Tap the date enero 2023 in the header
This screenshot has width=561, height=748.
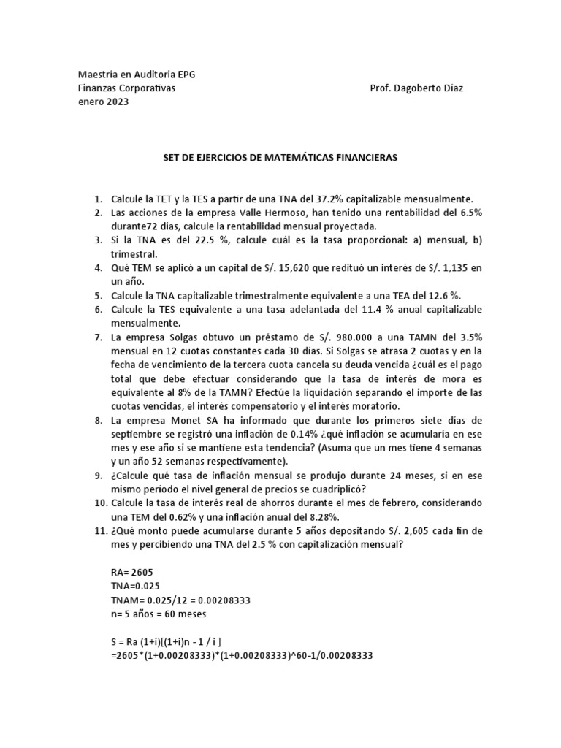click(x=103, y=102)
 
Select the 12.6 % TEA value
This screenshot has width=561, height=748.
click(x=430, y=296)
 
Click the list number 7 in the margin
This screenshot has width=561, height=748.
click(x=99, y=337)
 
